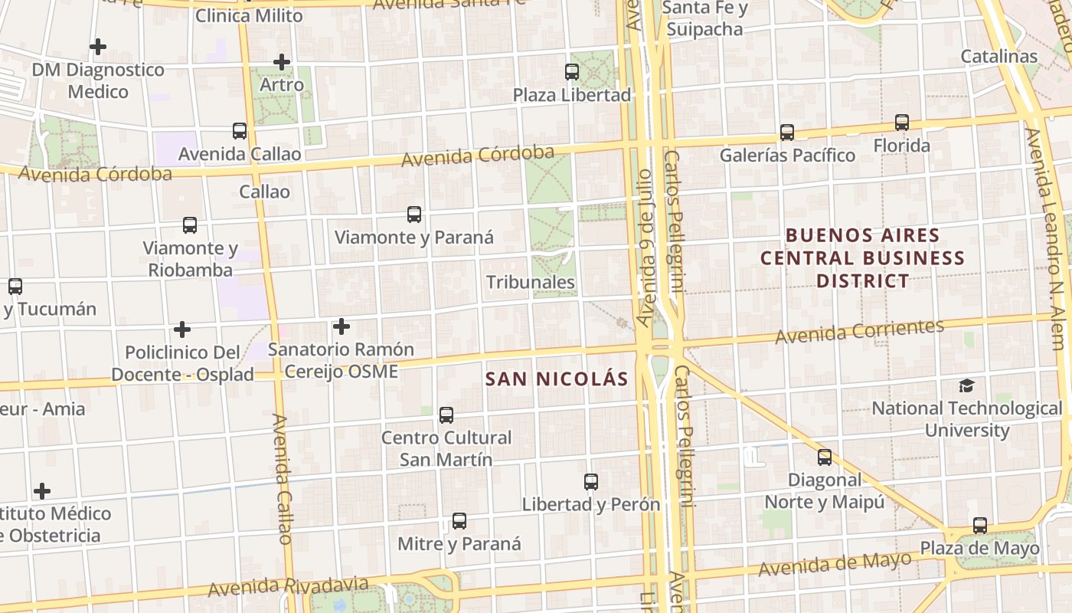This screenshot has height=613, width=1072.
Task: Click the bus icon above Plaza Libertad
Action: (x=572, y=72)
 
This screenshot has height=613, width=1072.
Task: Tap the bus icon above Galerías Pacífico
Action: (x=786, y=132)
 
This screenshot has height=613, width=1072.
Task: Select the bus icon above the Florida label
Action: (x=902, y=123)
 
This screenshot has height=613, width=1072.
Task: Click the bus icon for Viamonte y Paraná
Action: (x=414, y=215)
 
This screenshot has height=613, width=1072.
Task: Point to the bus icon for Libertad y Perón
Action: (x=591, y=482)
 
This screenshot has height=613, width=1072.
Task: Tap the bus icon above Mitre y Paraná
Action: (x=459, y=521)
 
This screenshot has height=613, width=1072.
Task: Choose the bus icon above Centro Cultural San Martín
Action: (x=446, y=415)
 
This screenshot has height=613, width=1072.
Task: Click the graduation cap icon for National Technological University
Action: (x=967, y=386)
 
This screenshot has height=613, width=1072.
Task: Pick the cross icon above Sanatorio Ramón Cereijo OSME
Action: (x=342, y=327)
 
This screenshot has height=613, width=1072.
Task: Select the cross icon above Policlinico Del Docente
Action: (x=182, y=329)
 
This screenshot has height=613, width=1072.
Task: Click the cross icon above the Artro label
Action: (x=282, y=62)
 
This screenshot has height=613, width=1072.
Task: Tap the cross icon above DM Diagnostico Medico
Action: (x=97, y=47)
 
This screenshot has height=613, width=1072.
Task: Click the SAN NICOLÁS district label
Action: (x=557, y=379)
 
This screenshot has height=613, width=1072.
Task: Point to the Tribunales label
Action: (x=531, y=282)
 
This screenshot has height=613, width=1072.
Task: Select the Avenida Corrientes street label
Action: (x=859, y=332)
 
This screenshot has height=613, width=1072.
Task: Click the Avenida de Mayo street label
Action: (x=835, y=565)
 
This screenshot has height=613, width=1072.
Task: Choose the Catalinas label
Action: (x=998, y=56)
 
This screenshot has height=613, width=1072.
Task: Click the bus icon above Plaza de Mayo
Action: (x=980, y=526)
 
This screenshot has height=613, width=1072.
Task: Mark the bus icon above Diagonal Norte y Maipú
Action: (x=825, y=457)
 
